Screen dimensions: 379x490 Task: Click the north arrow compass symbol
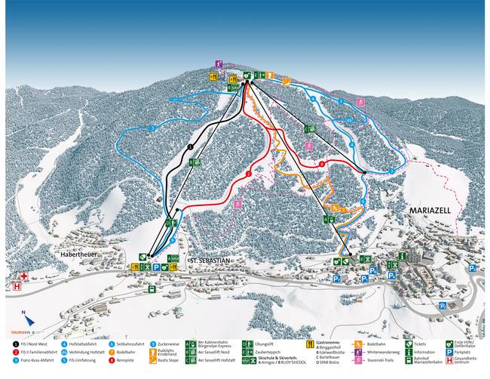pyautogui.click(x=24, y=313)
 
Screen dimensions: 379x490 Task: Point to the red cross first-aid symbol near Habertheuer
pyautogui.click(x=23, y=276)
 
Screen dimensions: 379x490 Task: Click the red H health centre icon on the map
pyautogui.click(x=17, y=286)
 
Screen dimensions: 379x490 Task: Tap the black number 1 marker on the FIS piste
pyautogui.click(x=191, y=146)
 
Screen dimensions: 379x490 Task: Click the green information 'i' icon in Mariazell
pyautogui.click(x=402, y=257)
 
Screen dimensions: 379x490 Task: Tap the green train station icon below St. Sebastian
pyautogui.click(x=152, y=288)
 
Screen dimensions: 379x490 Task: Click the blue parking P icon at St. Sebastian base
pyautogui.click(x=156, y=267)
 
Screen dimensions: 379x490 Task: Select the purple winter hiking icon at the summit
pyautogui.click(x=219, y=64)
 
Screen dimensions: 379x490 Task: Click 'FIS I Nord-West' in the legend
pyautogui.click(x=38, y=344)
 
